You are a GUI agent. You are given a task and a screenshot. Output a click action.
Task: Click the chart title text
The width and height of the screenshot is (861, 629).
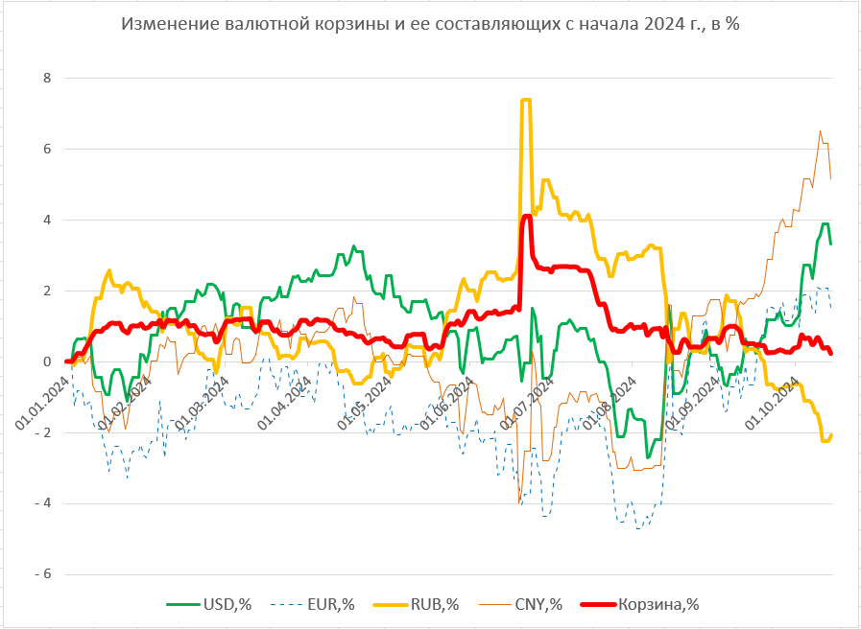pyautogui.click(x=430, y=24)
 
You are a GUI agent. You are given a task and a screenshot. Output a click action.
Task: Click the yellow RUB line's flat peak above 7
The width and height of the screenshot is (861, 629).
pyautogui.click(x=525, y=100)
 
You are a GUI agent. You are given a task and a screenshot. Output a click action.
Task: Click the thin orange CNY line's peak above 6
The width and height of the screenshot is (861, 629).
pyautogui.click(x=820, y=131)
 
